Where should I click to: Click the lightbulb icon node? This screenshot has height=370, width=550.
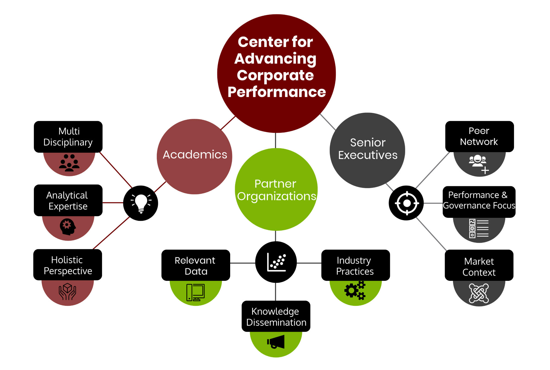[141, 203]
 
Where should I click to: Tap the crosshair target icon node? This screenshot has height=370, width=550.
[406, 203]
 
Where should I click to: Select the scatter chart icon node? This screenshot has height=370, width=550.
[276, 262]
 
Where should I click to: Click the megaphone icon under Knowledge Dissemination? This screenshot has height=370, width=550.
[276, 342]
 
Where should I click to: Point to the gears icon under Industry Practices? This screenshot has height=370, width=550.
[355, 290]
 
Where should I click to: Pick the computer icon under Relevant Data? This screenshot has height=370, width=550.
[196, 292]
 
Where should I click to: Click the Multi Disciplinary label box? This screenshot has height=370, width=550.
[68, 137]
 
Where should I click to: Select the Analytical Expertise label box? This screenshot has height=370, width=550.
[68, 200]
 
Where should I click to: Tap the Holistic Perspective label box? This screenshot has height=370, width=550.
[68, 265]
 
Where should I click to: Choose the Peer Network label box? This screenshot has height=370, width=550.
[479, 136]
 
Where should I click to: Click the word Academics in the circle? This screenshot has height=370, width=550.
[195, 155]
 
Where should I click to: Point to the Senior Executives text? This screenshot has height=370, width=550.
[367, 149]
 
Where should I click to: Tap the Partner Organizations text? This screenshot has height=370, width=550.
[276, 190]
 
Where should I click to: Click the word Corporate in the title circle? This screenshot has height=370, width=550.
[275, 75]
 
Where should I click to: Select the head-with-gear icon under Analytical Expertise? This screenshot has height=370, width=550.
[68, 227]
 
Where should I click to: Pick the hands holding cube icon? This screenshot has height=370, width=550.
[67, 292]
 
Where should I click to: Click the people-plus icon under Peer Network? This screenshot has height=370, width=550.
[479, 164]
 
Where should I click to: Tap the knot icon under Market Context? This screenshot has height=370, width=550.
[479, 293]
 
